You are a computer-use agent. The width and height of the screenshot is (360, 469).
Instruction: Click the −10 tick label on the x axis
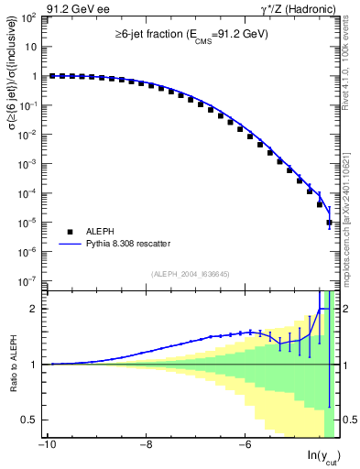47,445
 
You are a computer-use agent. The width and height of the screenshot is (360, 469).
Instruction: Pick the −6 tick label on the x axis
245,445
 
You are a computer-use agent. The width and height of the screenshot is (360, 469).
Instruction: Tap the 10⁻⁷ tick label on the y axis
28,280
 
